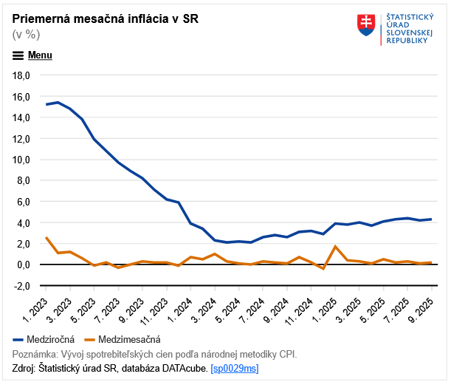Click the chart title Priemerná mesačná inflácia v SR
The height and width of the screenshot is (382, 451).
click(105, 18)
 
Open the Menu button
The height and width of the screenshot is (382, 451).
click(32, 55)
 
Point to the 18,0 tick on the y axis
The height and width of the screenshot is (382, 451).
click(19, 75)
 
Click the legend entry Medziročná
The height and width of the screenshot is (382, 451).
click(50, 339)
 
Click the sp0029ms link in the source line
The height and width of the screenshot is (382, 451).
click(235, 368)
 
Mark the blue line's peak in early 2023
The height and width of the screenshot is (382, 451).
click(58, 103)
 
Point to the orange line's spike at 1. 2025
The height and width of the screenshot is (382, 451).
click(336, 246)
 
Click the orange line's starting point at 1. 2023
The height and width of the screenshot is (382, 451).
click(46, 237)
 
